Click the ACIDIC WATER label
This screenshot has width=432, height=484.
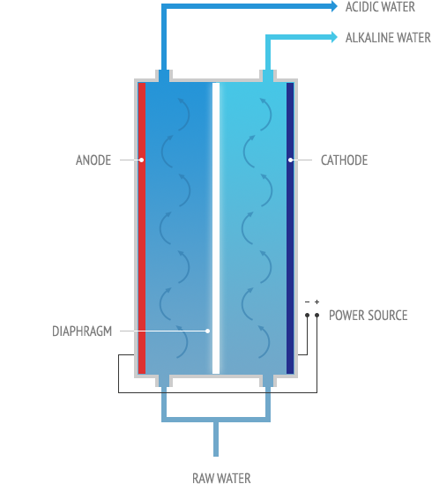(380, 7)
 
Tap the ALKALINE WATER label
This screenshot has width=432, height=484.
(388, 38)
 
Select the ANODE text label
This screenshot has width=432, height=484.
(93, 160)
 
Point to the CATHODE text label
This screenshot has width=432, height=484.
(345, 160)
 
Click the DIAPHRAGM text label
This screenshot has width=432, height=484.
(82, 331)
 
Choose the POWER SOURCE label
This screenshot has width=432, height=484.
(368, 316)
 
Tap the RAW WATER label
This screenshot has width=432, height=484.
(221, 478)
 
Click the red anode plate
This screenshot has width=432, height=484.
(142, 228)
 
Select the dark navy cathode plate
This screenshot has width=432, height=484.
(290, 228)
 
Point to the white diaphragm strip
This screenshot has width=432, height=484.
(216, 228)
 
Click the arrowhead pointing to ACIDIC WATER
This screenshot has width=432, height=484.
(334, 6)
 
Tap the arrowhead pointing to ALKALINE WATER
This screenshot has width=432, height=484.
(334, 37)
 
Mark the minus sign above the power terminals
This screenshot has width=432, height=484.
(307, 302)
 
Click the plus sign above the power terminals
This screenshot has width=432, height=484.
(317, 302)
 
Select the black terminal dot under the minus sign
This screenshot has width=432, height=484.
(307, 315)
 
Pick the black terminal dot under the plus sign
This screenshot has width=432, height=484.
(317, 315)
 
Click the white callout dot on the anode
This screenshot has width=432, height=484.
(141, 160)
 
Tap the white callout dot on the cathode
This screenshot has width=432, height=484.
(291, 160)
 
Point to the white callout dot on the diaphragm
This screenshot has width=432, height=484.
(207, 331)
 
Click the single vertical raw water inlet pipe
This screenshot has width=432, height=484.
(216, 438)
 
